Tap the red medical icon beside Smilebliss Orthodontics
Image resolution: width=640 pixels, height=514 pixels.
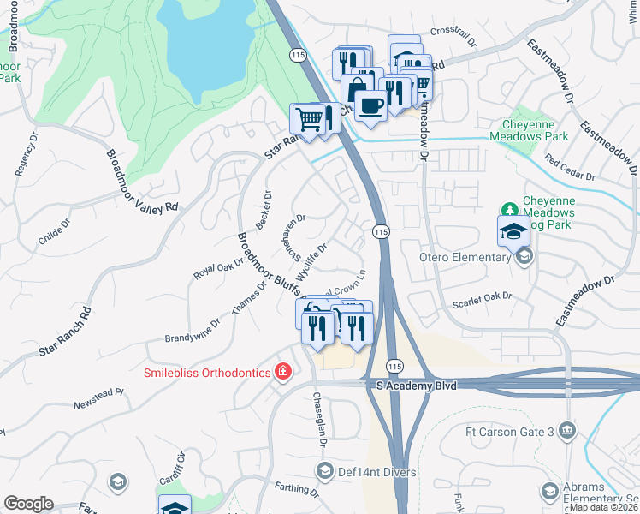pos(281,372)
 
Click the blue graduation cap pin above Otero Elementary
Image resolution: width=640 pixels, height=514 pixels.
pos(513,231)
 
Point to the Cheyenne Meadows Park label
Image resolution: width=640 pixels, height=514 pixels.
pos(529,130)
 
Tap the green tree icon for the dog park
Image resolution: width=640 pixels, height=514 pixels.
pos(509,210)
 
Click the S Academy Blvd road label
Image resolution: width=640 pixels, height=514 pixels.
pos(417,386)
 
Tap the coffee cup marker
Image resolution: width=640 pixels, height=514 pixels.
pos(370,105)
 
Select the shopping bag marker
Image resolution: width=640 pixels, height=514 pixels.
pos(355,90)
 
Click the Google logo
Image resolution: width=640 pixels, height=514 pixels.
pos(28,504)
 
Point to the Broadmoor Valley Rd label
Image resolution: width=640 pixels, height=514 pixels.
pos(141,182)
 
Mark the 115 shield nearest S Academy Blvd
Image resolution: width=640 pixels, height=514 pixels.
pos(394,365)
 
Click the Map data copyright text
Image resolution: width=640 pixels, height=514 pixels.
pos(603,507)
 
